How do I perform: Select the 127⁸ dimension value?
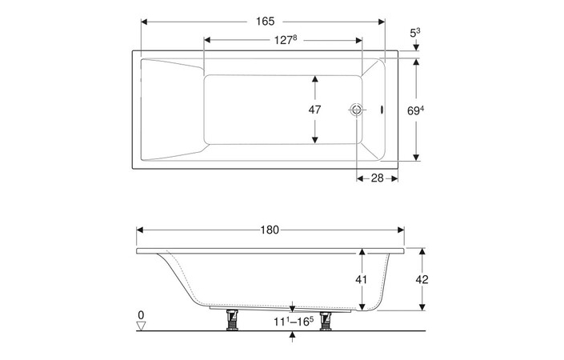[283, 39]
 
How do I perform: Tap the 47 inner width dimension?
[316, 110]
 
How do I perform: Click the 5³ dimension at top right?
[414, 33]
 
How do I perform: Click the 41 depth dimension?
[362, 280]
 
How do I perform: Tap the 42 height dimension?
[422, 279]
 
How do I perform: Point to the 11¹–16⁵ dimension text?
[292, 322]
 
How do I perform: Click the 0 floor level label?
[141, 314]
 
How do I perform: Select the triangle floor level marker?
[141, 326]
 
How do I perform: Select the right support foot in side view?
[326, 320]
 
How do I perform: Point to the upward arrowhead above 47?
[316, 80]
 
